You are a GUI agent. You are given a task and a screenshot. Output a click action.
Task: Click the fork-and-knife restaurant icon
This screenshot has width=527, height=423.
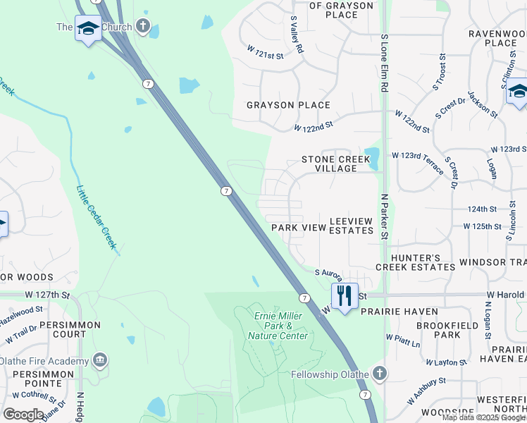[x=344, y=295]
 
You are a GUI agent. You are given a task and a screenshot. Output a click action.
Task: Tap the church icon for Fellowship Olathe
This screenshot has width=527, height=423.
[x=379, y=372]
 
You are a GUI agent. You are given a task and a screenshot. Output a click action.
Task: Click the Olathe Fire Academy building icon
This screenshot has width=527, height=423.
[x=100, y=361]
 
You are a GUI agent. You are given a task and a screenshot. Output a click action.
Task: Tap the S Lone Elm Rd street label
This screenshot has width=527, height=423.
[x=384, y=63]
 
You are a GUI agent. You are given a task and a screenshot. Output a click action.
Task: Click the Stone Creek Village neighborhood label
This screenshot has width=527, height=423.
[x=335, y=164]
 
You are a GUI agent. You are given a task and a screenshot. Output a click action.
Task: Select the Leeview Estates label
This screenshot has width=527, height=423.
[x=350, y=225]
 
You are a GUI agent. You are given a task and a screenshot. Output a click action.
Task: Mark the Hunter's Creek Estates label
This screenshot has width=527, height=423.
[x=415, y=262]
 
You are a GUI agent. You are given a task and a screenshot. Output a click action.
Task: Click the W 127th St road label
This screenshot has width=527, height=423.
[x=46, y=295]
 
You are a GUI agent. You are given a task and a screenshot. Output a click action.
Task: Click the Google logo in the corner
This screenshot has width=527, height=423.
[x=23, y=414]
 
